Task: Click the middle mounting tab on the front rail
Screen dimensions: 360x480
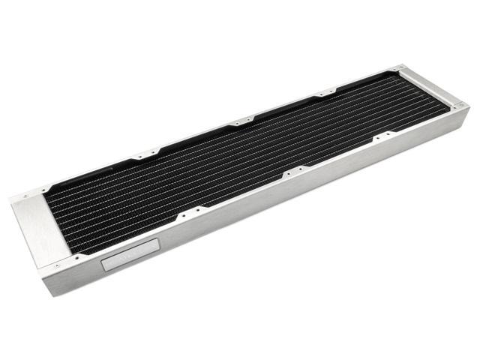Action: [x=293, y=172]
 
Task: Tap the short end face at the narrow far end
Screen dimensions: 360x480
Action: [x=459, y=120]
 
